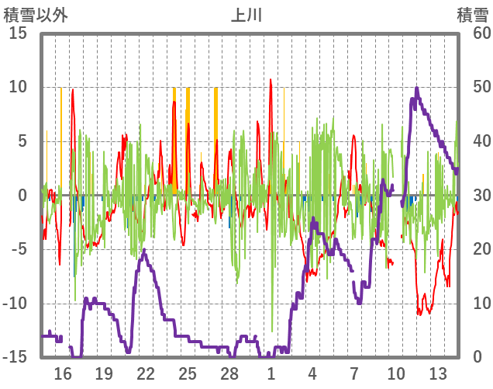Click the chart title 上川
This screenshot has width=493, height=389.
click(x=246, y=15)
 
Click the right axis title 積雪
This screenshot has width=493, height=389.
click(x=472, y=15)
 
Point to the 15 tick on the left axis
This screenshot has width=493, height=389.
click(x=18, y=33)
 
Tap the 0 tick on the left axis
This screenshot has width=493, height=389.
click(x=22, y=195)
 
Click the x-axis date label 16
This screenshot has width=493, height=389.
click(x=63, y=373)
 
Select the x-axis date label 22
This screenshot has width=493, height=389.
click(x=146, y=373)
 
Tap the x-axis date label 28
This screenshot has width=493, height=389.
click(x=229, y=373)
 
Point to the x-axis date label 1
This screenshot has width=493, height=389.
click(x=271, y=373)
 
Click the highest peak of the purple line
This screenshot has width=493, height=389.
click(x=417, y=88)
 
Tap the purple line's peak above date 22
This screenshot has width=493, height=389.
click(x=144, y=251)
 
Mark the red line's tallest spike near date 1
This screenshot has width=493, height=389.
click(x=271, y=79)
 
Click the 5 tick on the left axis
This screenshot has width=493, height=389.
click(x=22, y=141)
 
